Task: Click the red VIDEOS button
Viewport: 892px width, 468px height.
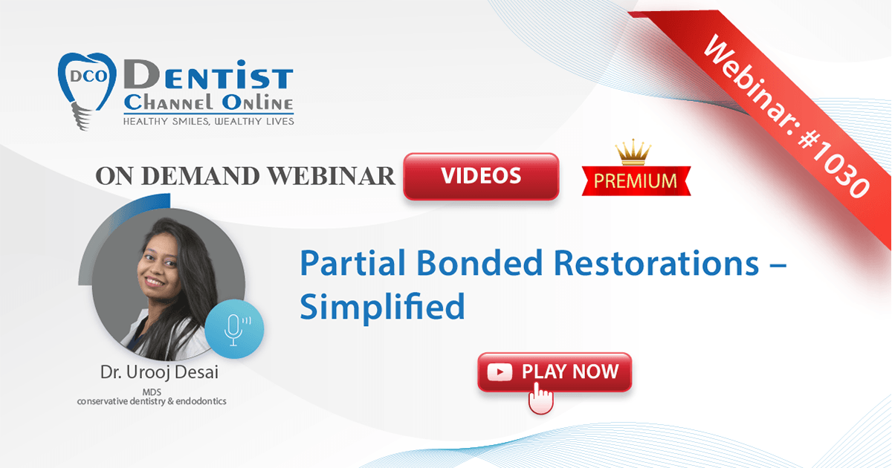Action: pyautogui.click(x=481, y=176)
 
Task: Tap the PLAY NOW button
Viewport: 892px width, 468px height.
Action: pyautogui.click(x=555, y=372)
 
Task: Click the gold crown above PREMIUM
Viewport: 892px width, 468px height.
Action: pyautogui.click(x=633, y=152)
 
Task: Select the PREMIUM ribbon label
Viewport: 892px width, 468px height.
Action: pyautogui.click(x=636, y=181)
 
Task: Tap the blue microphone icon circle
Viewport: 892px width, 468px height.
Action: pyautogui.click(x=234, y=328)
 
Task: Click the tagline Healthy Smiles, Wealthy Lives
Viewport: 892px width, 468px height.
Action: pyautogui.click(x=208, y=121)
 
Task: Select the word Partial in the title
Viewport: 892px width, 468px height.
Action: pyautogui.click(x=352, y=263)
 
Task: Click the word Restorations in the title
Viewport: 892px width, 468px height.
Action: pyautogui.click(x=656, y=263)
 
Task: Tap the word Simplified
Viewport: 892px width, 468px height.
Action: pyautogui.click(x=382, y=307)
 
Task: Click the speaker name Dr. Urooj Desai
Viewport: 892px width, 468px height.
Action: pyautogui.click(x=159, y=372)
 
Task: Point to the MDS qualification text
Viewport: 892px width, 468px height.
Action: pyautogui.click(x=152, y=392)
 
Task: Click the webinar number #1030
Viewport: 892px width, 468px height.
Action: pyautogui.click(x=833, y=164)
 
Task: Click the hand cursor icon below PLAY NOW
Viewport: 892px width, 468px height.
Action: pyautogui.click(x=540, y=398)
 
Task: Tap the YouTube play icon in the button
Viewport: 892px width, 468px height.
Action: pyautogui.click(x=500, y=372)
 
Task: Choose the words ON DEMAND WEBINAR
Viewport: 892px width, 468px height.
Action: pyautogui.click(x=245, y=176)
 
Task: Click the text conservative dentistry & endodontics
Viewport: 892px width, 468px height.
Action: pyautogui.click(x=152, y=401)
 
